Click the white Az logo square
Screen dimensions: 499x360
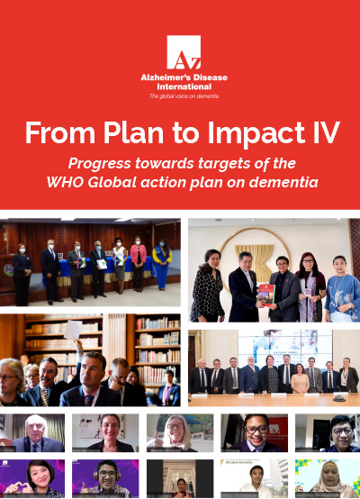(183, 52)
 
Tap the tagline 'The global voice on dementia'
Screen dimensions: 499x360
(183, 95)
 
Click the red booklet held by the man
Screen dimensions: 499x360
(265, 291)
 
